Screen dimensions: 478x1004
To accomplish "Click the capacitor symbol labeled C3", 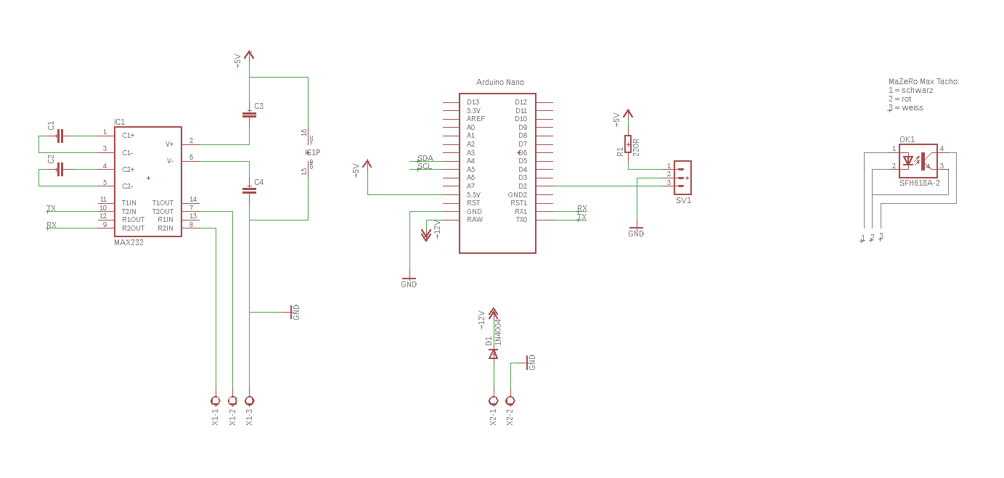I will (249, 114).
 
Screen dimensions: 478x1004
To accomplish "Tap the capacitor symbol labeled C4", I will (249, 190).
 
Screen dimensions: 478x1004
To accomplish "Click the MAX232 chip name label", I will (128, 243).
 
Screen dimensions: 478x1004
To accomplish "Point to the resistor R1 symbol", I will (628, 144).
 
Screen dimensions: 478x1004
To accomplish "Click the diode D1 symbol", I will (494, 354).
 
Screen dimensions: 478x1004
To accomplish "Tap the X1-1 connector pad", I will (215, 400).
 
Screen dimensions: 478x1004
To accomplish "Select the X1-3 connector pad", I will (250, 400).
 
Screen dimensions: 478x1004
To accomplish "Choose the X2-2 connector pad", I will (510, 400).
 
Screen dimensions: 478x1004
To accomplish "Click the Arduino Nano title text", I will (499, 83).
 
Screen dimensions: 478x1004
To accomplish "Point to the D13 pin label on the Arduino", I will (473, 102).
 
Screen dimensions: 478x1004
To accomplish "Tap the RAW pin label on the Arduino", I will (475, 220).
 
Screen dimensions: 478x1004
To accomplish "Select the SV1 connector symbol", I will (682, 177).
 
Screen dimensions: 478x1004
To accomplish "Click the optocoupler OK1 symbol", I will (918, 160).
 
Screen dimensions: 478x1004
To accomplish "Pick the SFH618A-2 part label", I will (919, 184).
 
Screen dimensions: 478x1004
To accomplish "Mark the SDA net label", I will (425, 158).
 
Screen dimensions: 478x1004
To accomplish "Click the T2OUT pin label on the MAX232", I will (163, 211).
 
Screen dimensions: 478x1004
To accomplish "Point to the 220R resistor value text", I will (636, 147).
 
